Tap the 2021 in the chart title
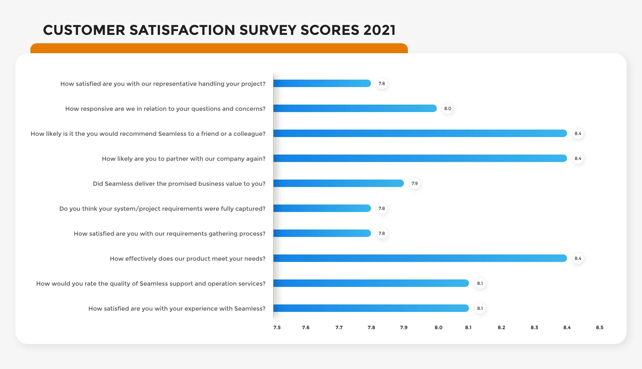pyautogui.click(x=379, y=30)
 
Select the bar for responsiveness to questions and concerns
pyautogui.click(x=355, y=109)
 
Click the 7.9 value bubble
pyautogui.click(x=415, y=183)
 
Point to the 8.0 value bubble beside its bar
pyautogui.click(x=447, y=109)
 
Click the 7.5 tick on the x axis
pyautogui.click(x=277, y=327)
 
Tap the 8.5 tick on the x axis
pyautogui.click(x=599, y=327)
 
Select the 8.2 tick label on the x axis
pyautogui.click(x=501, y=327)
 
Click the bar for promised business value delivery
pyautogui.click(x=338, y=183)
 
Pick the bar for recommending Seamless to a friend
pyautogui.click(x=420, y=133)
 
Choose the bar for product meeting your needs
pyautogui.click(x=420, y=258)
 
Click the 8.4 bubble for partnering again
pyautogui.click(x=578, y=158)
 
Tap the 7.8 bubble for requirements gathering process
pyautogui.click(x=382, y=233)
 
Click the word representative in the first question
pyautogui.click(x=175, y=84)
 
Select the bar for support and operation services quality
pyautogui.click(x=371, y=283)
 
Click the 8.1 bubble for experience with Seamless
pyautogui.click(x=480, y=308)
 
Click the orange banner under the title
pyautogui.click(x=219, y=48)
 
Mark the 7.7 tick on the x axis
pyautogui.click(x=339, y=327)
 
